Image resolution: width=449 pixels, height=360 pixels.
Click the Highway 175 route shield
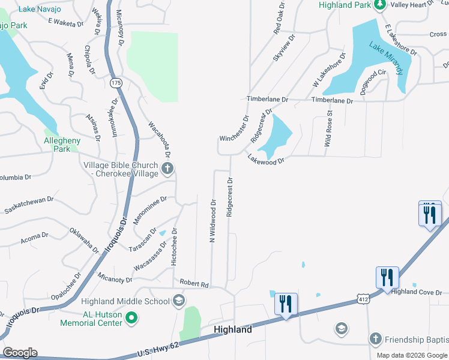coord(116,82)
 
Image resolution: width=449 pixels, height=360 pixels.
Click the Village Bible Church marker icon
coord(167,168)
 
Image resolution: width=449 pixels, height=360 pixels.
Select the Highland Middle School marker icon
coord(178,301)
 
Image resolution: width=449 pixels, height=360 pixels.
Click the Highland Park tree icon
coord(379,5)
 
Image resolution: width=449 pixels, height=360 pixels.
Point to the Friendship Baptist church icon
coord(375,339)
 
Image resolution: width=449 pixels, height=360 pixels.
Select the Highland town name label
coord(233,329)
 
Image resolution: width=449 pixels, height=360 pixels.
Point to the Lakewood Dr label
coord(265,159)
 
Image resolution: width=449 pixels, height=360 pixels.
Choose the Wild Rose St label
coord(328,129)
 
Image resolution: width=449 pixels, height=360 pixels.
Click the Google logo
coord(20,353)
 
